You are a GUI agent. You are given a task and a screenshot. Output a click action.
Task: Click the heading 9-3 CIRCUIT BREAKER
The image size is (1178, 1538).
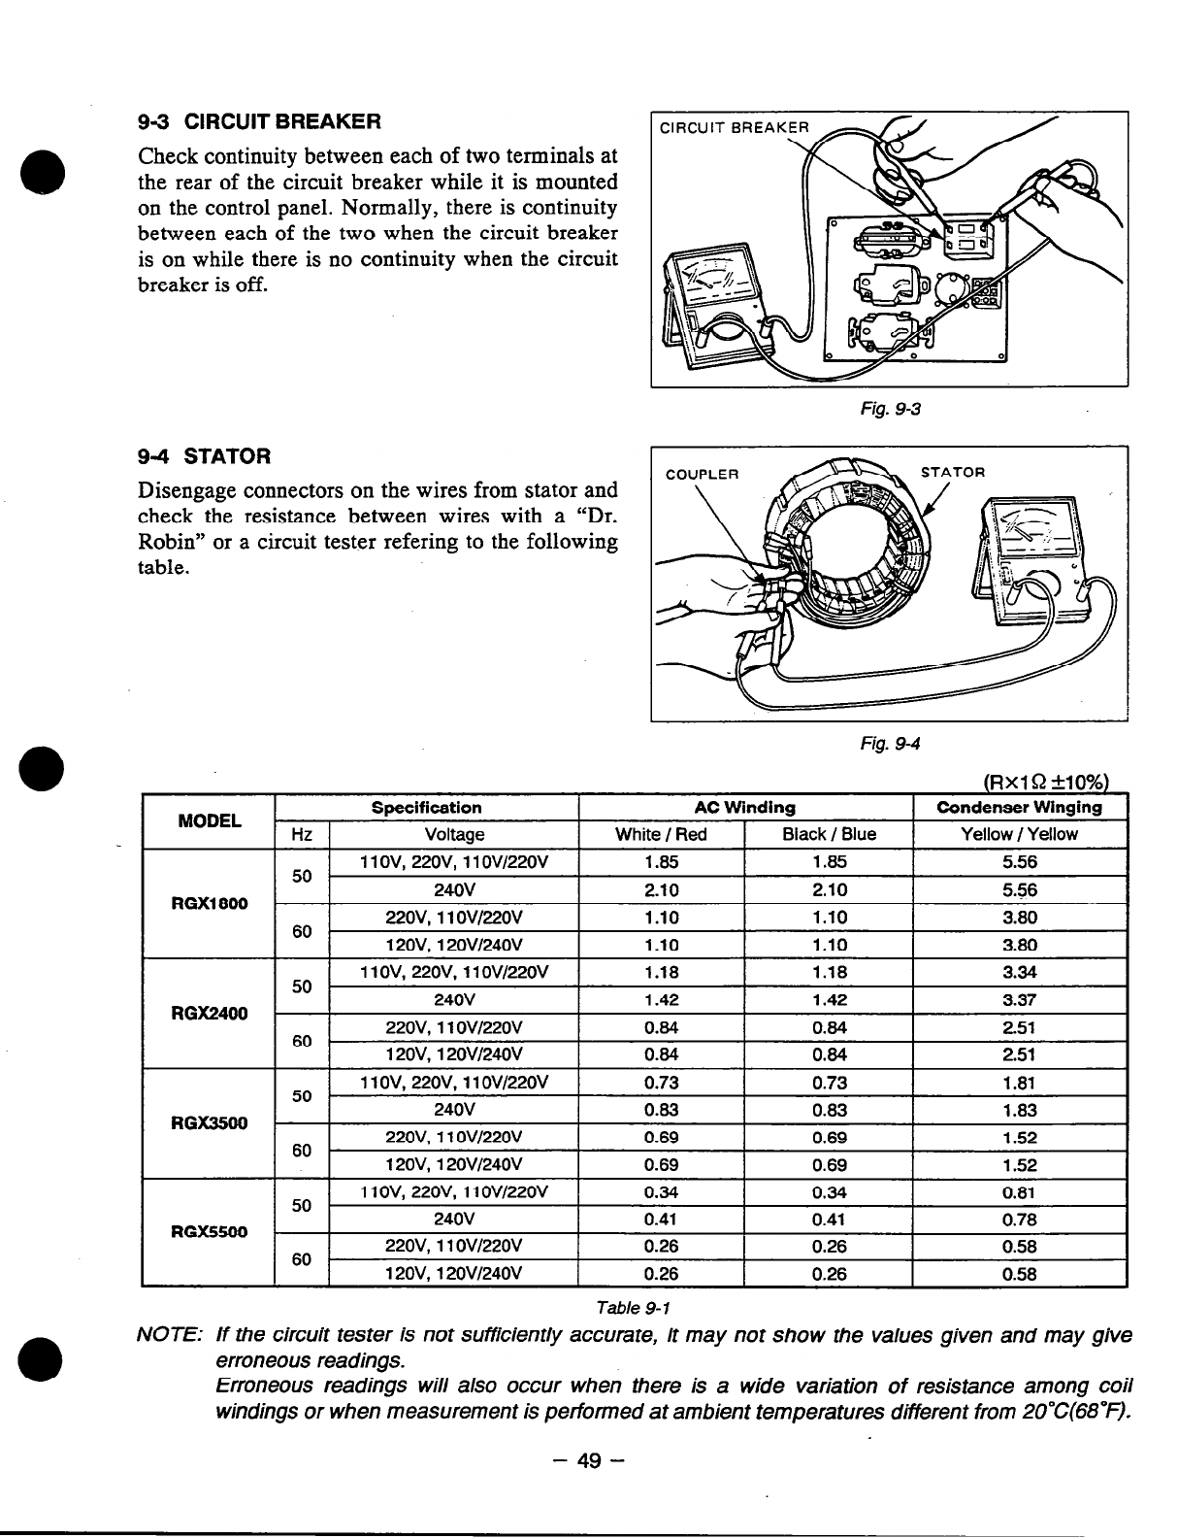tap(259, 122)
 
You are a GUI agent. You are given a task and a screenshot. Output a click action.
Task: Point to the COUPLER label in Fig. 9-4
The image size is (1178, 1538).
tap(702, 475)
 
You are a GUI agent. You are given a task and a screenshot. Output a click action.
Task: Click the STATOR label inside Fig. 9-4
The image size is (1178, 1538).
tap(953, 473)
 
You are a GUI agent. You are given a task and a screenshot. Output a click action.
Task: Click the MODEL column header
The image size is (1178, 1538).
tap(210, 821)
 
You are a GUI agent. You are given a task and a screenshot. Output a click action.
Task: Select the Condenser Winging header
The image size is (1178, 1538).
tap(1019, 808)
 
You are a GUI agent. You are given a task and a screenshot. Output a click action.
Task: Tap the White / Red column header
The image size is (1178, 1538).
tap(661, 834)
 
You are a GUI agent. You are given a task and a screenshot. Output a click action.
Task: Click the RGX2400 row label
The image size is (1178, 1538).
tap(210, 1014)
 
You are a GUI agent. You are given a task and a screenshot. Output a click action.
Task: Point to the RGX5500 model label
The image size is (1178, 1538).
tap(210, 1232)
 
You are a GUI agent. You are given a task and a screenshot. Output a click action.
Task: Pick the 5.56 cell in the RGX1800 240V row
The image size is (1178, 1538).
tap(1020, 889)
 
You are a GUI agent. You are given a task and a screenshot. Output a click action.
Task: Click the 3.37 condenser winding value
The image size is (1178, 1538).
tap(1020, 999)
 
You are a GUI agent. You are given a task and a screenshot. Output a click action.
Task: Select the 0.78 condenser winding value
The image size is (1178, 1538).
tap(1020, 1219)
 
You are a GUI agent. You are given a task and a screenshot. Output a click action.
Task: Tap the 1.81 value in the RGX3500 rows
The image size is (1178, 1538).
tap(1020, 1083)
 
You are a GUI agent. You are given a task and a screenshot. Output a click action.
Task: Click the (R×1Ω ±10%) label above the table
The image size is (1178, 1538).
tap(1045, 783)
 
